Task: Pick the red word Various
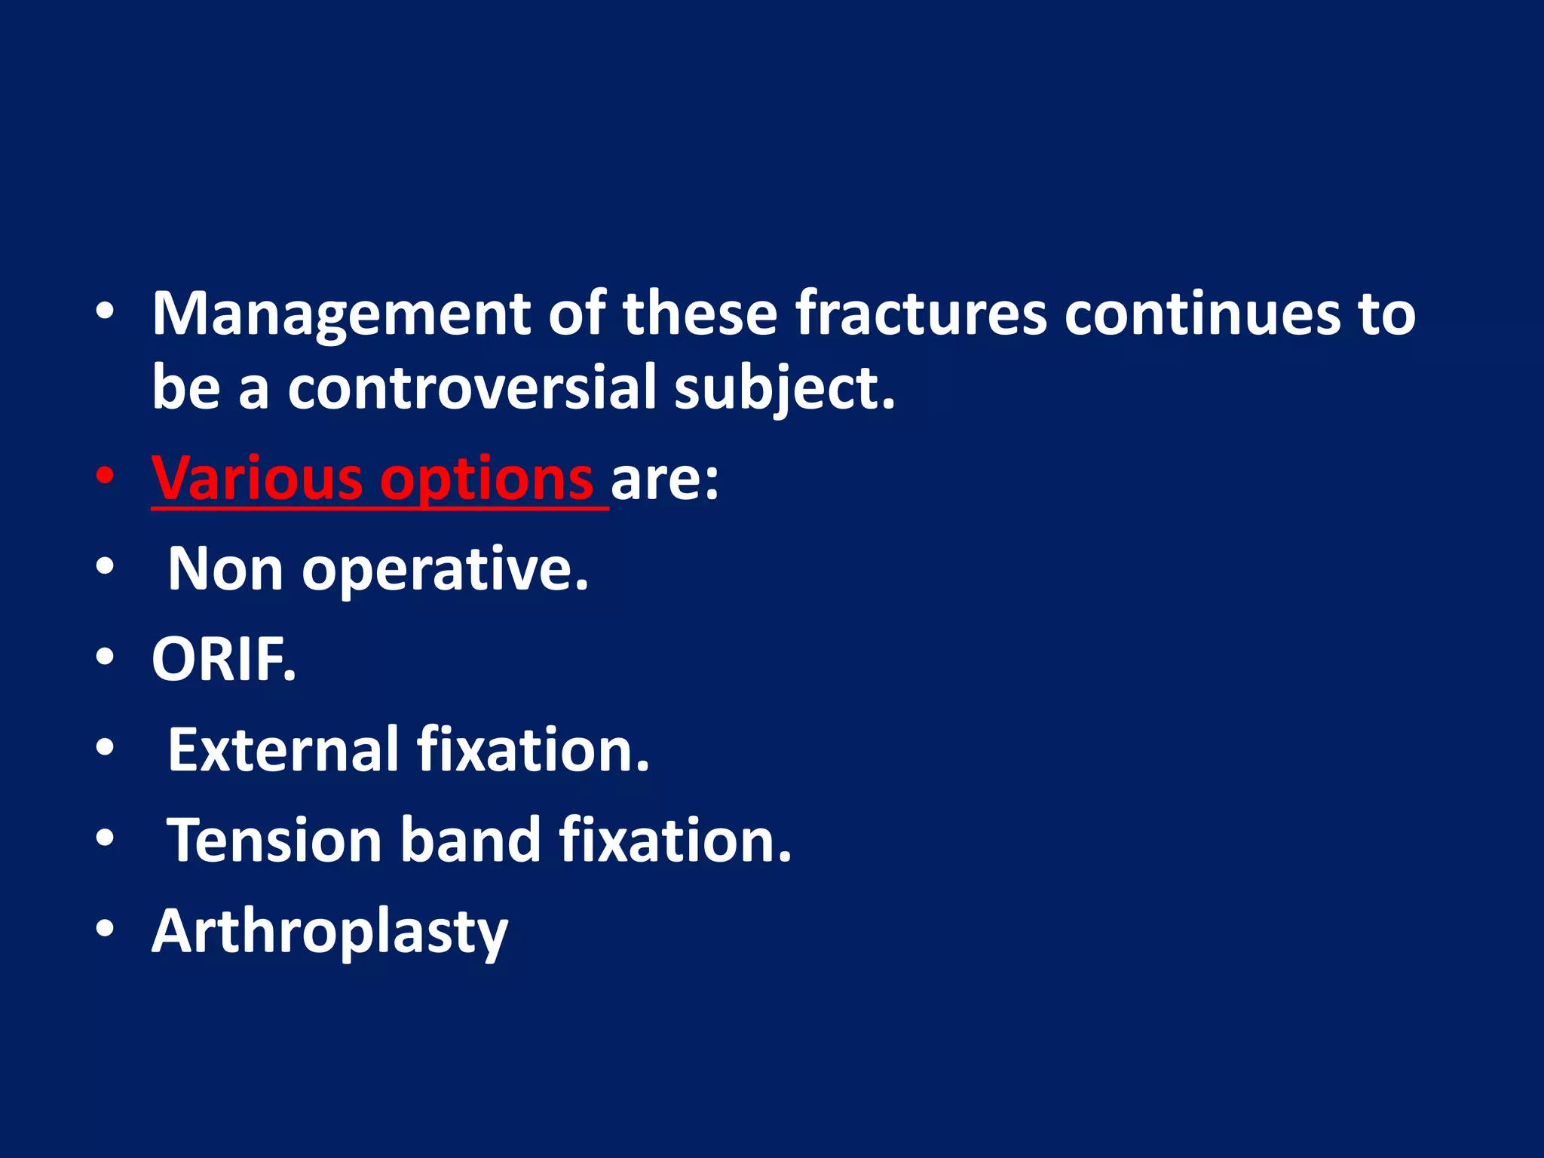tap(256, 478)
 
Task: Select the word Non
tap(225, 568)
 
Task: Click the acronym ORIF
tap(224, 660)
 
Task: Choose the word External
tap(283, 749)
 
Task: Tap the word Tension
tap(274, 840)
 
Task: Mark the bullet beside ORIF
tap(105, 657)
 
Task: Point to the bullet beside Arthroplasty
tap(105, 929)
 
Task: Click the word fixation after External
tap(532, 749)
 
